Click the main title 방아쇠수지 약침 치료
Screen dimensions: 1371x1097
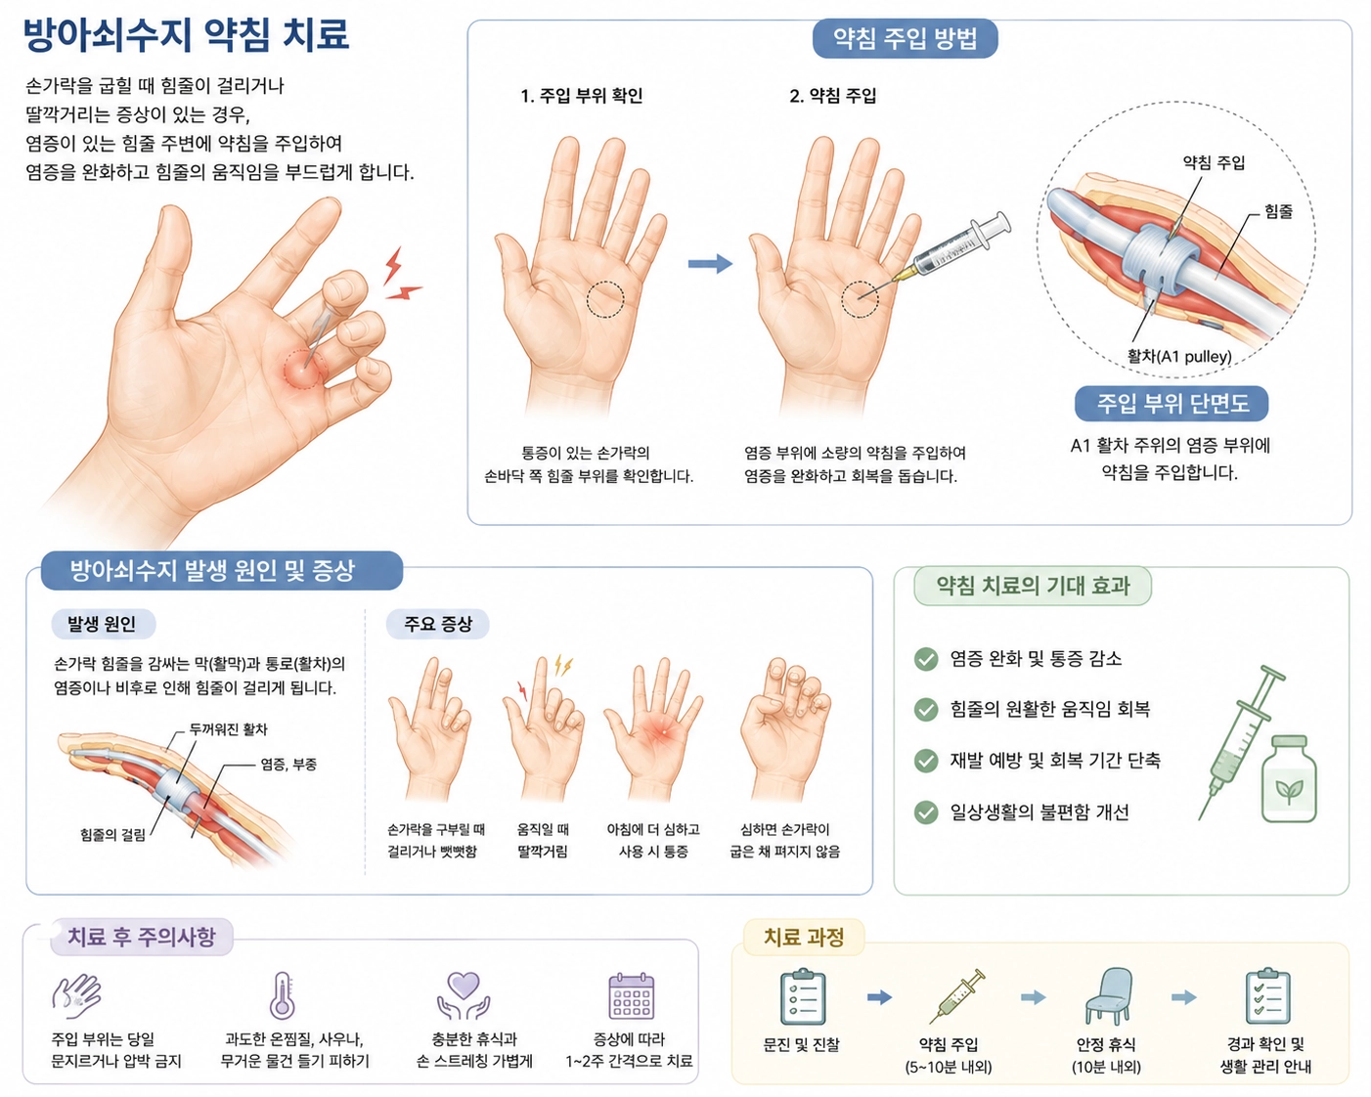(186, 35)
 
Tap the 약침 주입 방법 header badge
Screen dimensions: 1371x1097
(905, 39)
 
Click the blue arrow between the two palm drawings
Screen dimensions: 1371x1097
(710, 263)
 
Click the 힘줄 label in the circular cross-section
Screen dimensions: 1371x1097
(1278, 211)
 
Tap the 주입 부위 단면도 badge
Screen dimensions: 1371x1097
(1171, 403)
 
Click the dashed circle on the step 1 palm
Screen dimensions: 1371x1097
(605, 299)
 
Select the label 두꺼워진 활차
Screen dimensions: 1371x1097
(228, 729)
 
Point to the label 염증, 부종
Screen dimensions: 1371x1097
(287, 764)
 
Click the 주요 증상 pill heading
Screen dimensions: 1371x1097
(438, 624)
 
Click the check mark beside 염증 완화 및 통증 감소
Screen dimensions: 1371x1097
(926, 659)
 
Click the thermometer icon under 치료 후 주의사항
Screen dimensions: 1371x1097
(282, 995)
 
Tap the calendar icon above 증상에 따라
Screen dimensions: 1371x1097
(632, 996)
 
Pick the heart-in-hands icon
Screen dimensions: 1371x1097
(464, 995)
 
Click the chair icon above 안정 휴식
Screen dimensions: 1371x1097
(1107, 996)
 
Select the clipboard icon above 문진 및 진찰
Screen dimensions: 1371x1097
(803, 996)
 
